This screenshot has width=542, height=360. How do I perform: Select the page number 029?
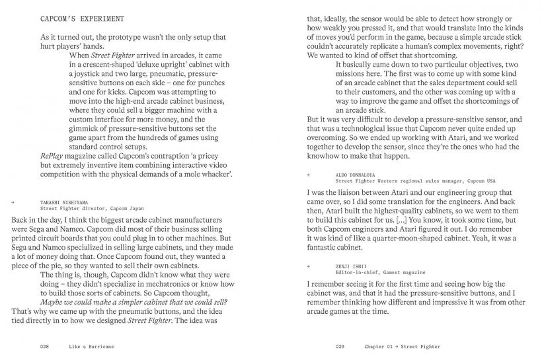click(x=340, y=346)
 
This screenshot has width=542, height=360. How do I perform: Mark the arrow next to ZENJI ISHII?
click(x=309, y=265)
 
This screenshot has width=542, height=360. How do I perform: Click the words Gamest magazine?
click(x=405, y=271)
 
